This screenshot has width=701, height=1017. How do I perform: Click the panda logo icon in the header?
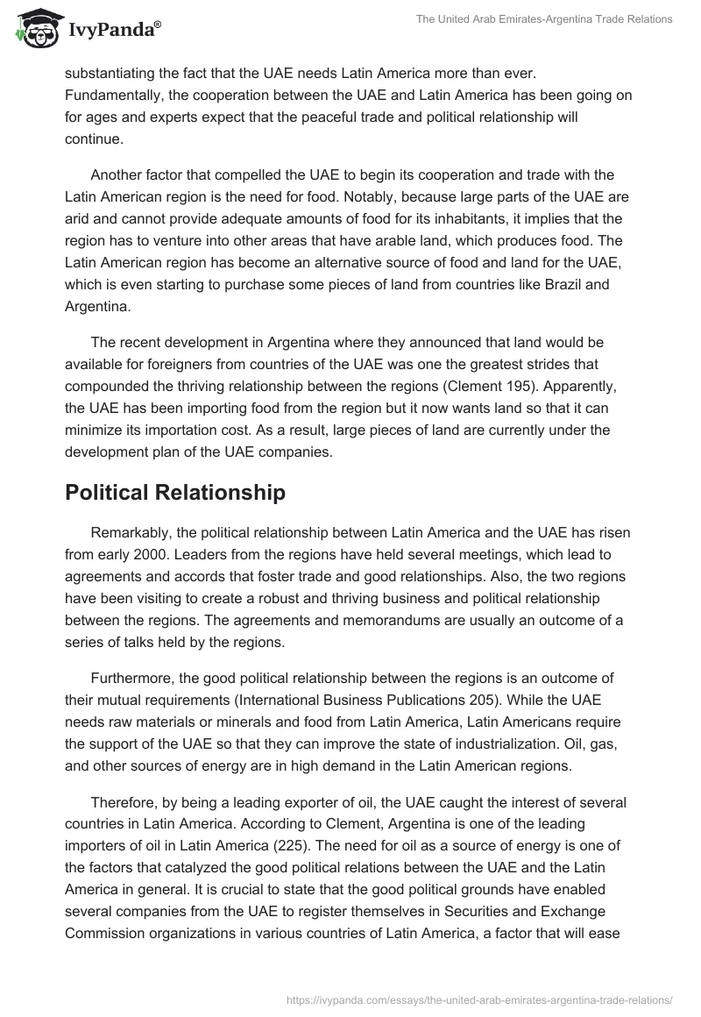click(34, 31)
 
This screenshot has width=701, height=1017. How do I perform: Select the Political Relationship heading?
click(175, 493)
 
